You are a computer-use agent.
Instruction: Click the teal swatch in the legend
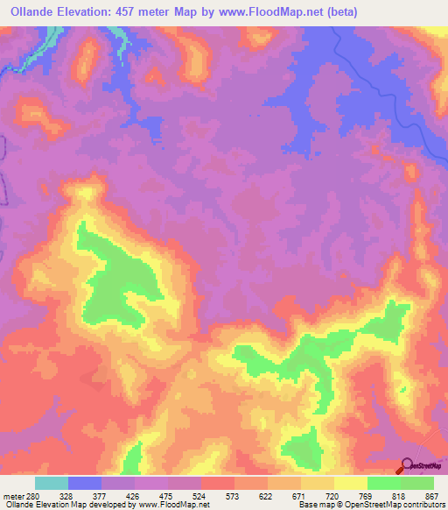pos(52,483)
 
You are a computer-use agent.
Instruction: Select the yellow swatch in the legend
pos(351,483)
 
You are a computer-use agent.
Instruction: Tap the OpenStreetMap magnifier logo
pos(407,466)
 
